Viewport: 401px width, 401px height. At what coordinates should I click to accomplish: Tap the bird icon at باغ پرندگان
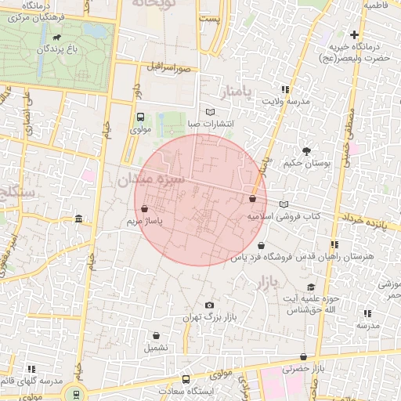[x=56, y=37]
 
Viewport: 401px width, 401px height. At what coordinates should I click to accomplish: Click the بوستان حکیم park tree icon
[x=305, y=150]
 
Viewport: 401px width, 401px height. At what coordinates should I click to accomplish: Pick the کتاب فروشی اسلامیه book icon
[x=283, y=204]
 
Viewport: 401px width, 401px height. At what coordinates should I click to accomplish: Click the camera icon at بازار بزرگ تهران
[x=208, y=305]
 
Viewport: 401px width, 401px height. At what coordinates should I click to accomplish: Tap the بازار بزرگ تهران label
[x=209, y=317]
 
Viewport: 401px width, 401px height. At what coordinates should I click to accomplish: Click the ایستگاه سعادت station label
[x=185, y=389]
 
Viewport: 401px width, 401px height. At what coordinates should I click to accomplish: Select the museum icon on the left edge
[x=78, y=219]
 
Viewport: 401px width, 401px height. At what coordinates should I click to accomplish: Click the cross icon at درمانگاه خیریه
[x=355, y=34]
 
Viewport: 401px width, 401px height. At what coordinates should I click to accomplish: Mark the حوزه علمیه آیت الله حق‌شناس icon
[x=312, y=287]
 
